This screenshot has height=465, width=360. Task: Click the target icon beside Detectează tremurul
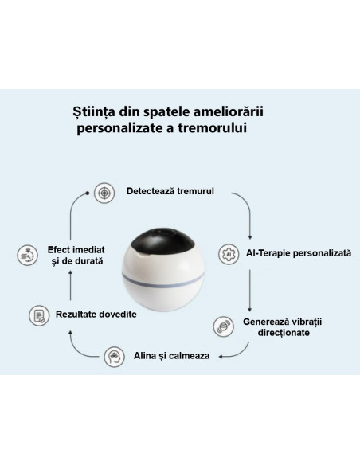104,193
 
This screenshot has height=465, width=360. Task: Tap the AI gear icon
229,254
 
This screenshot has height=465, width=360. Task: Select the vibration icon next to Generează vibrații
223,326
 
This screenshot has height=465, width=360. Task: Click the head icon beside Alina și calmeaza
114,357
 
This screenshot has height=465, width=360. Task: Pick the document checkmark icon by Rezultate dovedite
39,315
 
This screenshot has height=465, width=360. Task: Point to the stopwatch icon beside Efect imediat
28,255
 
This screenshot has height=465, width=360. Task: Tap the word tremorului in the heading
213,128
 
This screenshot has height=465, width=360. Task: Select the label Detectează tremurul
170,191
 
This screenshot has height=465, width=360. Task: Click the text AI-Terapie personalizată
299,253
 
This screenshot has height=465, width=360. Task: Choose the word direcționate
284,333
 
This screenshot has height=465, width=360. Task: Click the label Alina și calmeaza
172,356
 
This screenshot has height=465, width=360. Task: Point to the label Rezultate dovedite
96,314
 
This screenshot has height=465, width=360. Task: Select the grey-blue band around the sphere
162,281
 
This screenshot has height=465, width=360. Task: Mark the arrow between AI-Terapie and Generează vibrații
249,291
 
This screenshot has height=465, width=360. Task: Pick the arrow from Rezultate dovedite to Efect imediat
70,285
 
